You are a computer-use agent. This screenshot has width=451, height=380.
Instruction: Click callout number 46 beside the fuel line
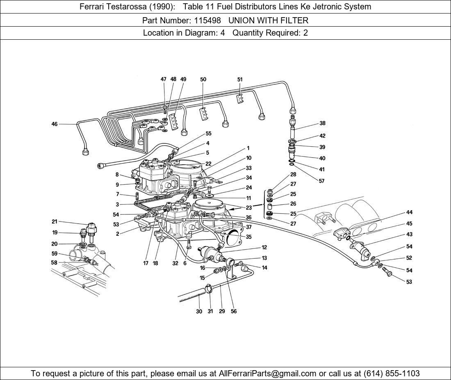pyautogui.click(x=55, y=124)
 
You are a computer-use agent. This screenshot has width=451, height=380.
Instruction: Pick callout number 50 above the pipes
pyautogui.click(x=203, y=79)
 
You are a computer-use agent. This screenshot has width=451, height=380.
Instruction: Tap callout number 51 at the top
pyautogui.click(x=240, y=79)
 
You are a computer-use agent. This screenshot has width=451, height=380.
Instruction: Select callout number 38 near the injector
pyautogui.click(x=322, y=123)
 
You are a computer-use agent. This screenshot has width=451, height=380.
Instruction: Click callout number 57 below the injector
pyautogui.click(x=321, y=181)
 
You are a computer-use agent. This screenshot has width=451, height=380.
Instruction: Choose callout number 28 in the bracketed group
pyautogui.click(x=293, y=174)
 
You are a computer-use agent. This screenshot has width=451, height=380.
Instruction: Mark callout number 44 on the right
pyautogui.click(x=409, y=212)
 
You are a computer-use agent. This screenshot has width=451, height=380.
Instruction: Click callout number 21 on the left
pyautogui.click(x=55, y=222)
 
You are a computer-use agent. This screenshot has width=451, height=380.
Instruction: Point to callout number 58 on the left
pyautogui.click(x=54, y=262)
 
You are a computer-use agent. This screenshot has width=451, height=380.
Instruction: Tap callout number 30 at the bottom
pyautogui.click(x=199, y=311)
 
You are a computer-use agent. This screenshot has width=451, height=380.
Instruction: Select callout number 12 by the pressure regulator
pyautogui.click(x=264, y=247)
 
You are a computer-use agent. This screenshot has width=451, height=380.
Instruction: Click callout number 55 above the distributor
pyautogui.click(x=208, y=133)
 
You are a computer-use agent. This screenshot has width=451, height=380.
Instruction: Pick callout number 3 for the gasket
pyautogui.click(x=117, y=204)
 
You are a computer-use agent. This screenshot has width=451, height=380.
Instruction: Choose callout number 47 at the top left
pyautogui.click(x=163, y=79)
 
